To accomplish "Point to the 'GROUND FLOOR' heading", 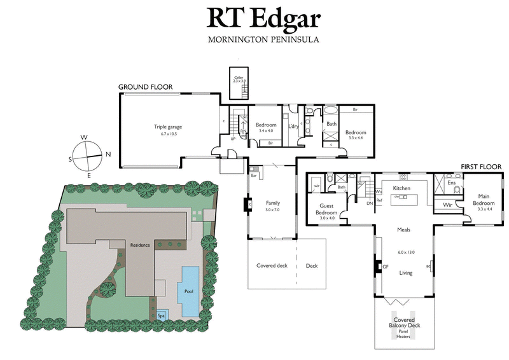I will [146, 87].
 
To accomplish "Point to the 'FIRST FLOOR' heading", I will [481, 167].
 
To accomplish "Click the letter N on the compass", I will [108, 155].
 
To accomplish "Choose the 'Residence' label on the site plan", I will [140, 245].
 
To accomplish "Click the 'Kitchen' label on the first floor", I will [401, 189].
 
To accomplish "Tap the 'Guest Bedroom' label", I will [328, 209].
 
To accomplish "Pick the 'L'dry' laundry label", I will [293, 126].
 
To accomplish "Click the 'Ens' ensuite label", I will [452, 183].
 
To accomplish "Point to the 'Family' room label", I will [272, 204].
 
